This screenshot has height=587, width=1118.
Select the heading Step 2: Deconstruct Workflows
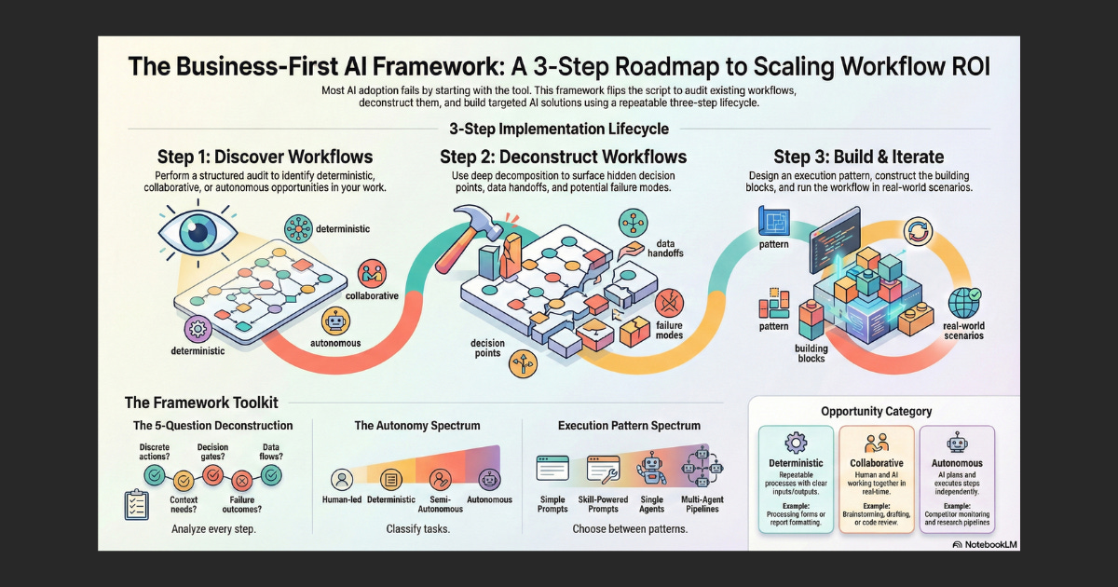tap(564, 156)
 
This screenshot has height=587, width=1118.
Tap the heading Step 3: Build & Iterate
tap(858, 156)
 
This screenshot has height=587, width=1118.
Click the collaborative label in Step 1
tap(372, 295)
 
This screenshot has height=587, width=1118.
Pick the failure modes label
tap(670, 330)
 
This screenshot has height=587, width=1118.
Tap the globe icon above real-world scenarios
tap(965, 303)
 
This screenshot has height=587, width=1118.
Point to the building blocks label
tap(811, 353)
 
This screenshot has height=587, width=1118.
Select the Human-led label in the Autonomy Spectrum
tap(342, 499)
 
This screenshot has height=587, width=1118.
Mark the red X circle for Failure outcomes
tap(241, 481)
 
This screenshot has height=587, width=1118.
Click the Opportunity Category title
tap(876, 411)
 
